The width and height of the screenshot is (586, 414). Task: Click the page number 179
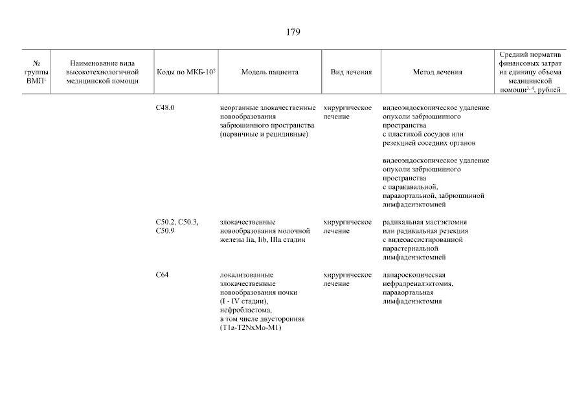(x=293, y=32)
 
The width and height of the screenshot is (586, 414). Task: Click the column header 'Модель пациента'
(x=270, y=72)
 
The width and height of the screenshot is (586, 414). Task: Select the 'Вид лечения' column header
(x=351, y=72)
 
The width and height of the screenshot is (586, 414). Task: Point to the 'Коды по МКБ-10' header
(x=185, y=72)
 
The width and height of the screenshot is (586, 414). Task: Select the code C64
(x=162, y=275)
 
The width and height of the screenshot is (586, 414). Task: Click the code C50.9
(x=165, y=230)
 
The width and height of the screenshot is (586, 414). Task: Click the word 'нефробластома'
(x=244, y=310)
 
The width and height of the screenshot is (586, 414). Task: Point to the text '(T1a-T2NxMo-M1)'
(x=249, y=328)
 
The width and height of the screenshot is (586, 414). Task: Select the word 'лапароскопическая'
(x=414, y=275)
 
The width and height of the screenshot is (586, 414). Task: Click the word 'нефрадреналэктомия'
(x=418, y=283)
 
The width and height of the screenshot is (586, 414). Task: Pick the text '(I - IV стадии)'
(x=243, y=301)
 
